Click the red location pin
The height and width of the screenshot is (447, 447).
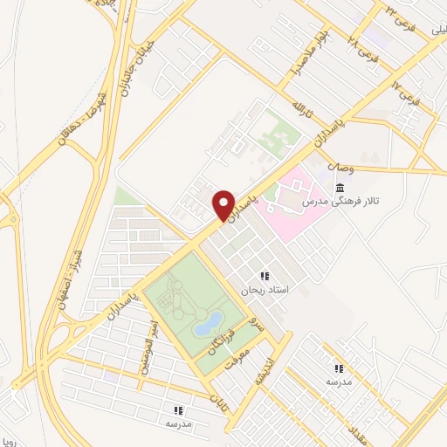tap(224, 204)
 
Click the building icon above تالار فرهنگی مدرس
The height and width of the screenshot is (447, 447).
tap(339, 188)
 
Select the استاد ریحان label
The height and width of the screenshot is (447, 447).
tap(265, 289)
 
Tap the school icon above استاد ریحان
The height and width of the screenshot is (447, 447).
tap(265, 276)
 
